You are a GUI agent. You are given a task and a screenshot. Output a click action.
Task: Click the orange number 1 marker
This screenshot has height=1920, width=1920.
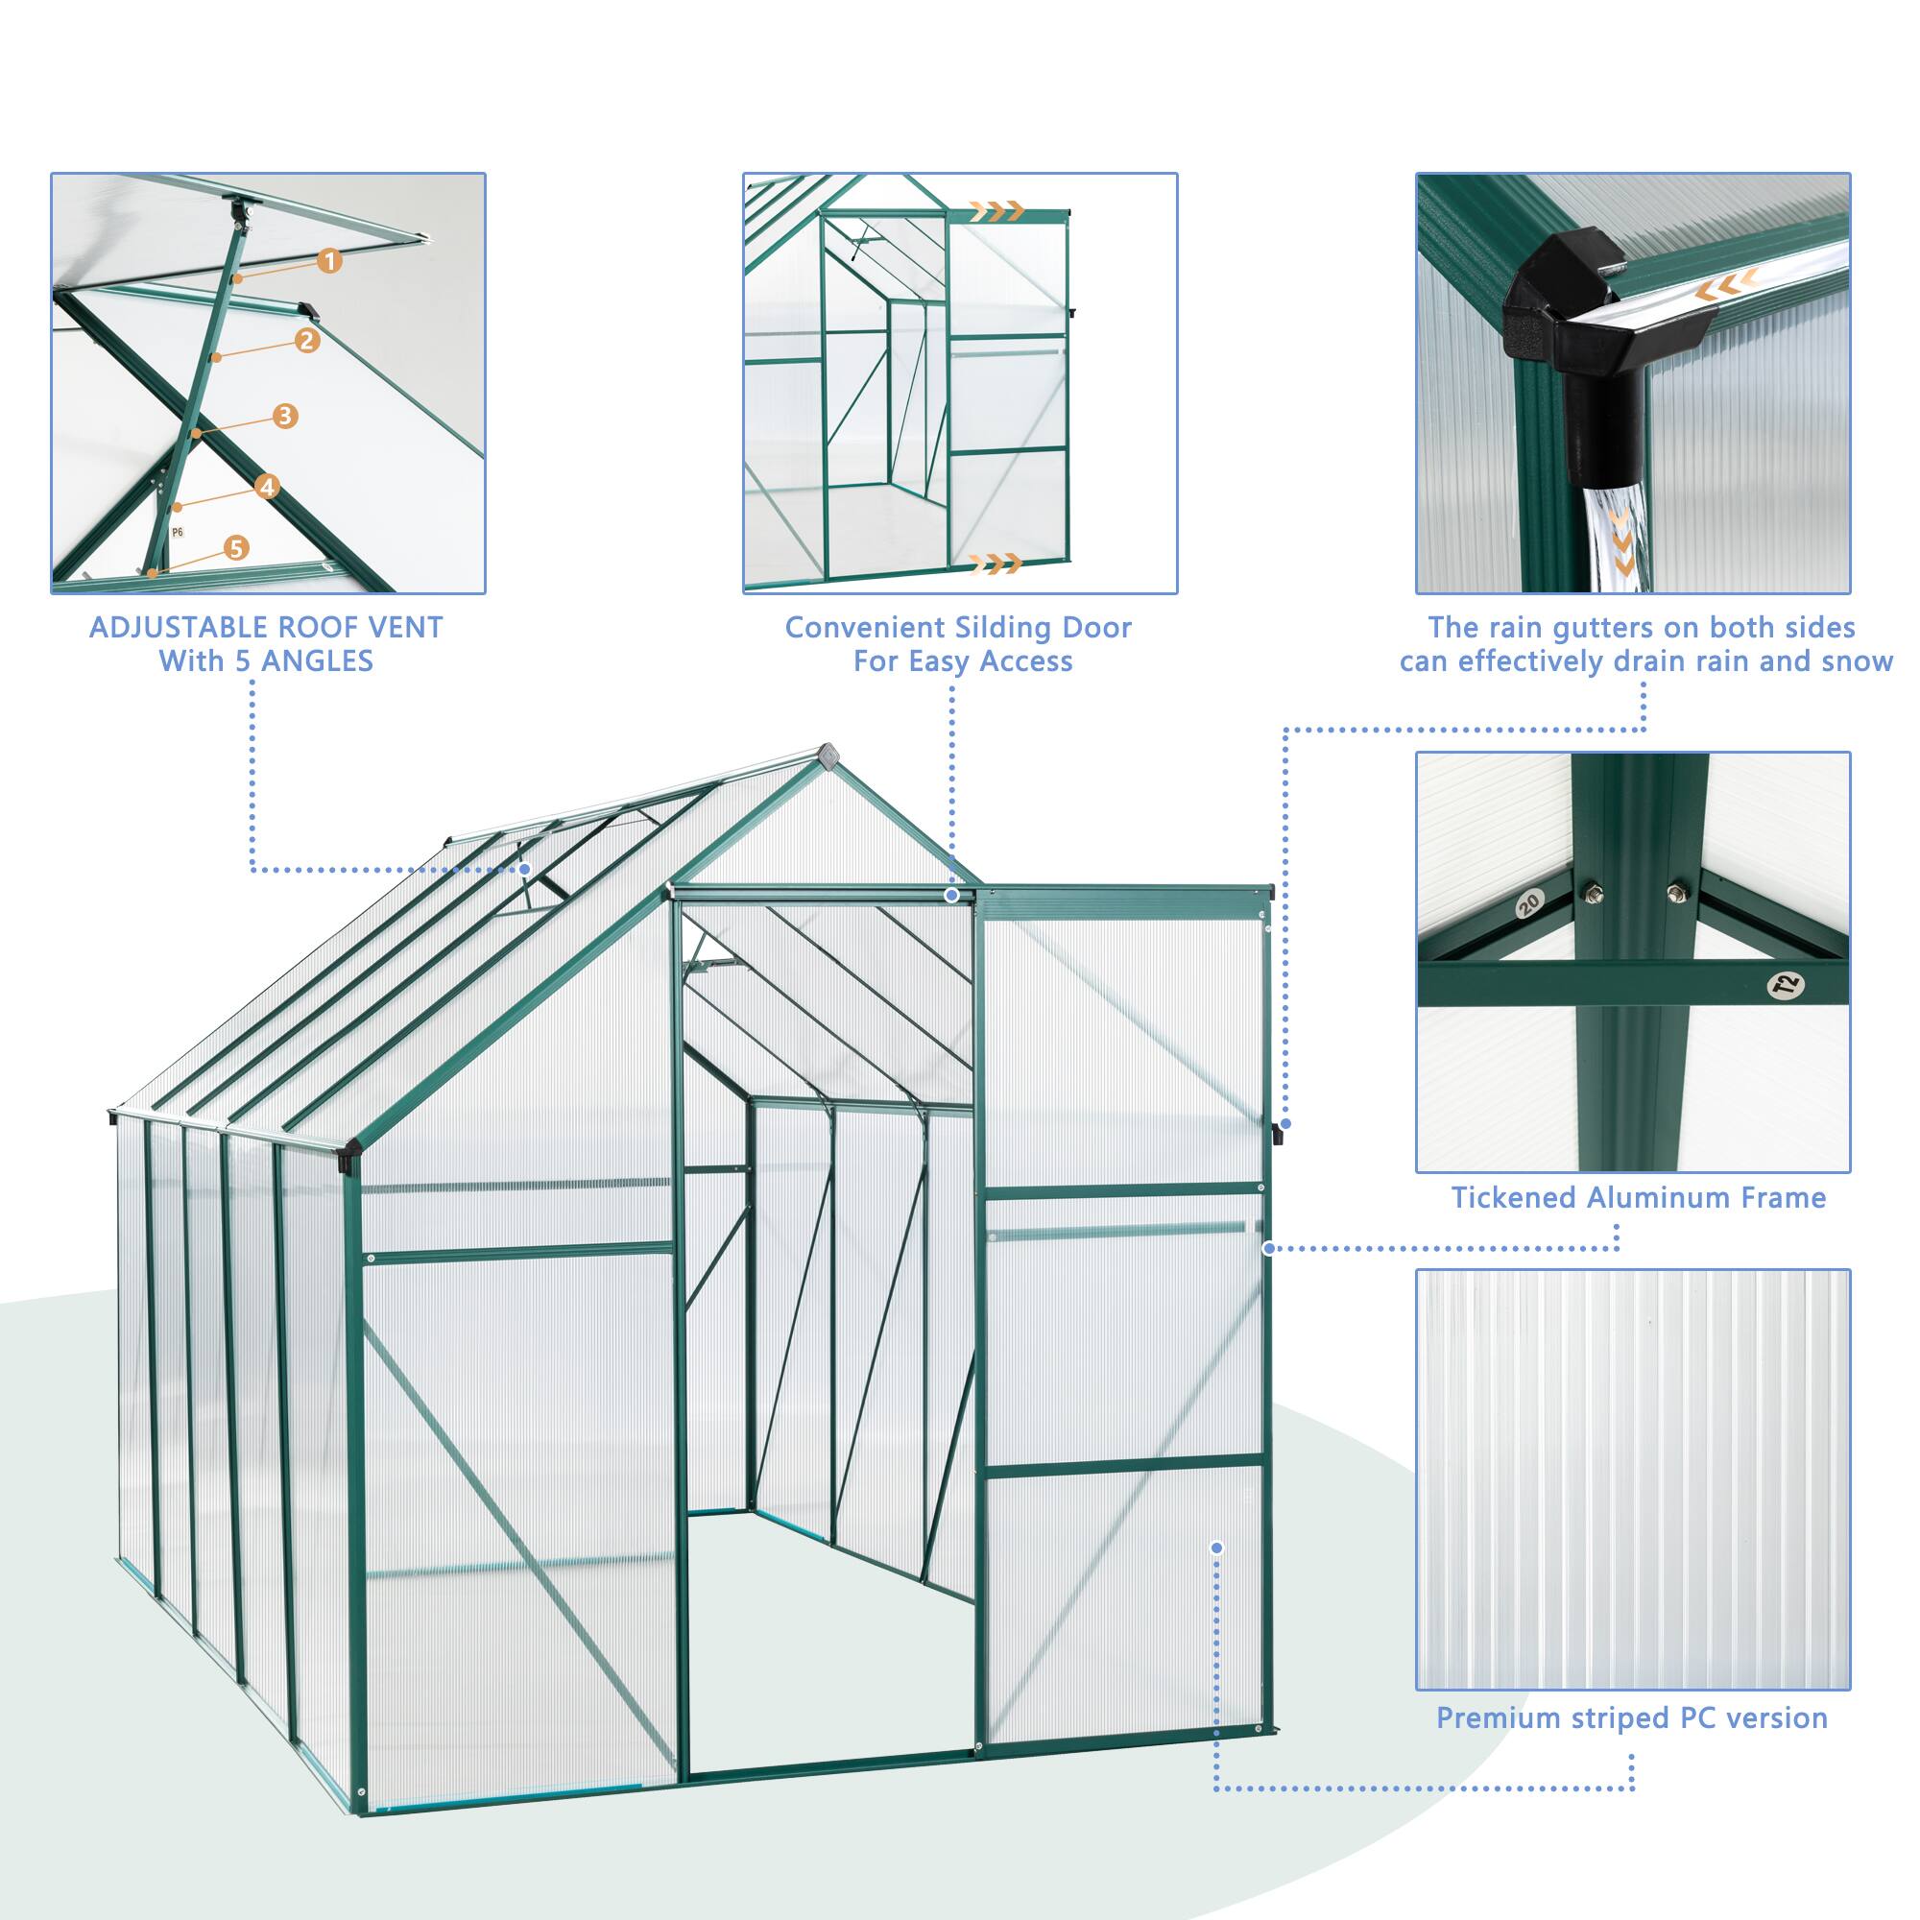coord(330,261)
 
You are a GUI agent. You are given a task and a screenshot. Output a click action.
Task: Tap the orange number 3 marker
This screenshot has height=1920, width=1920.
coord(285,416)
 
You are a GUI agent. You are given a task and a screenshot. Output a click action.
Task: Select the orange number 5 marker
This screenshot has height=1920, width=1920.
coord(235,547)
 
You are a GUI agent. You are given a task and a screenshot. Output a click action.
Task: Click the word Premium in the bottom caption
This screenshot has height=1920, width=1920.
coord(1499,1718)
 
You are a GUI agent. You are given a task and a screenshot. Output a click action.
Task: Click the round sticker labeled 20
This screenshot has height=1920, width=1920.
coord(1528,902)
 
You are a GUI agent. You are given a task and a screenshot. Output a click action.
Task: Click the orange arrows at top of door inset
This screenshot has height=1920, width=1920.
coord(996,209)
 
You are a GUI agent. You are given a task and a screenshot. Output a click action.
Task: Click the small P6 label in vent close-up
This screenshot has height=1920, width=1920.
coord(177,533)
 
